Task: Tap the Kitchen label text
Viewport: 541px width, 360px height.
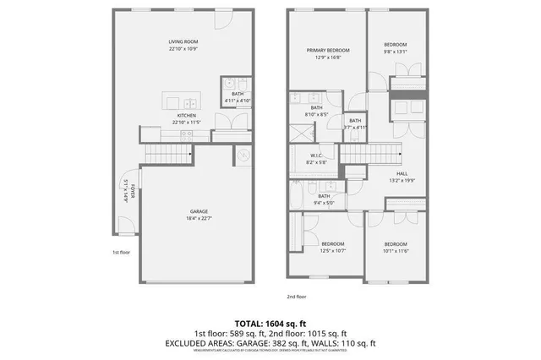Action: point(187,115)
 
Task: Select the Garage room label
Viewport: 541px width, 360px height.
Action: point(199,211)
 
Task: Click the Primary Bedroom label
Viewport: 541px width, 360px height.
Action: point(327,51)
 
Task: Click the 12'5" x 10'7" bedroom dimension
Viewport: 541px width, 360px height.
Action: point(333,249)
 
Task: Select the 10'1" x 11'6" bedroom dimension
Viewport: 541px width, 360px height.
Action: point(396,249)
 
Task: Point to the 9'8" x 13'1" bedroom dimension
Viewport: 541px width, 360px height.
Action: point(395,51)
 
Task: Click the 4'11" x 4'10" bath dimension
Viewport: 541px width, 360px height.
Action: point(238,101)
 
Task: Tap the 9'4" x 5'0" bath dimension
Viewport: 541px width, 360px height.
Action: point(324,202)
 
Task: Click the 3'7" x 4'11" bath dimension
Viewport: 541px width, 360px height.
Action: point(355,128)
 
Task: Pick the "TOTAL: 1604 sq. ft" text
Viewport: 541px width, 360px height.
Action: point(270,324)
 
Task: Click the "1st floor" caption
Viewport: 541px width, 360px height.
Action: point(121,252)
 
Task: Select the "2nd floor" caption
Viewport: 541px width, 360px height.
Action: point(297,297)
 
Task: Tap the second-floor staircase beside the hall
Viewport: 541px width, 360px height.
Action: point(369,154)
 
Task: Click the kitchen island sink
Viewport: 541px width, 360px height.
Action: point(188,104)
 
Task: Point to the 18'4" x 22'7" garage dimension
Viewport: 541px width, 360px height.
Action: point(199,218)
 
